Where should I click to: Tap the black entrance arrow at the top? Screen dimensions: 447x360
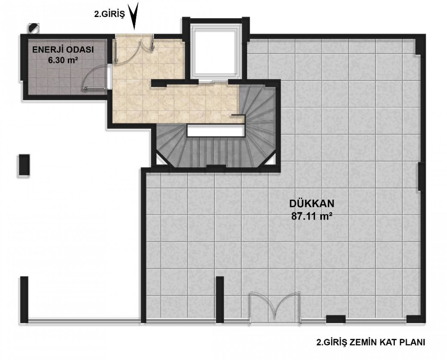point(134,16)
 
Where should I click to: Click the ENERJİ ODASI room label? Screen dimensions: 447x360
point(63,50)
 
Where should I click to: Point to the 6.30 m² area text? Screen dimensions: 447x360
point(63,60)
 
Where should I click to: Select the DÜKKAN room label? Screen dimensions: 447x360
point(312,204)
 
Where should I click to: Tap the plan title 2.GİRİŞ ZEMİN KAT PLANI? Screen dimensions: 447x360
point(370,343)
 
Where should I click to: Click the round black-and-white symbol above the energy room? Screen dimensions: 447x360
point(34,28)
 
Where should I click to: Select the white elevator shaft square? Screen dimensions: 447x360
point(216,52)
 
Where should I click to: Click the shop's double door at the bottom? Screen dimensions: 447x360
point(275,308)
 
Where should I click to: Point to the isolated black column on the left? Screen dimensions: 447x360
point(24,165)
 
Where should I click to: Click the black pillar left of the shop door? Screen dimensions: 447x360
point(220,300)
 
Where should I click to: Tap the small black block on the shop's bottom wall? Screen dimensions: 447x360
point(336,319)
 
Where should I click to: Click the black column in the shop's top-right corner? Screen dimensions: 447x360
point(420,44)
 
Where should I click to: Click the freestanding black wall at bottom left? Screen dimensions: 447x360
point(24,300)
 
